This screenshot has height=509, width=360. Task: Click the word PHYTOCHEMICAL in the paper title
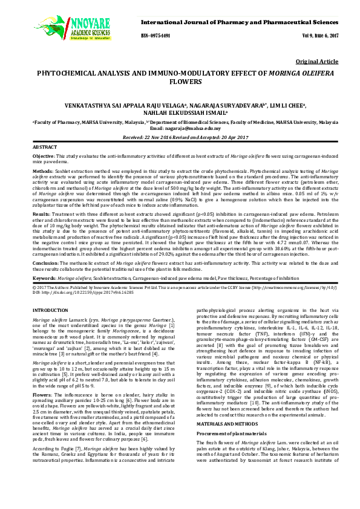click(81, 72)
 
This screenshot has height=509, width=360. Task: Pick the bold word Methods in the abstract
click(42, 172)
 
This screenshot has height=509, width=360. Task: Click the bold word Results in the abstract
click(41, 214)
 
